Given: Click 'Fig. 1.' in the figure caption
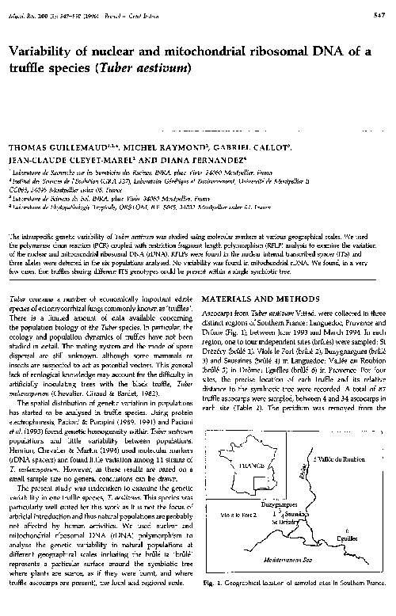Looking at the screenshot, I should point(213,604).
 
